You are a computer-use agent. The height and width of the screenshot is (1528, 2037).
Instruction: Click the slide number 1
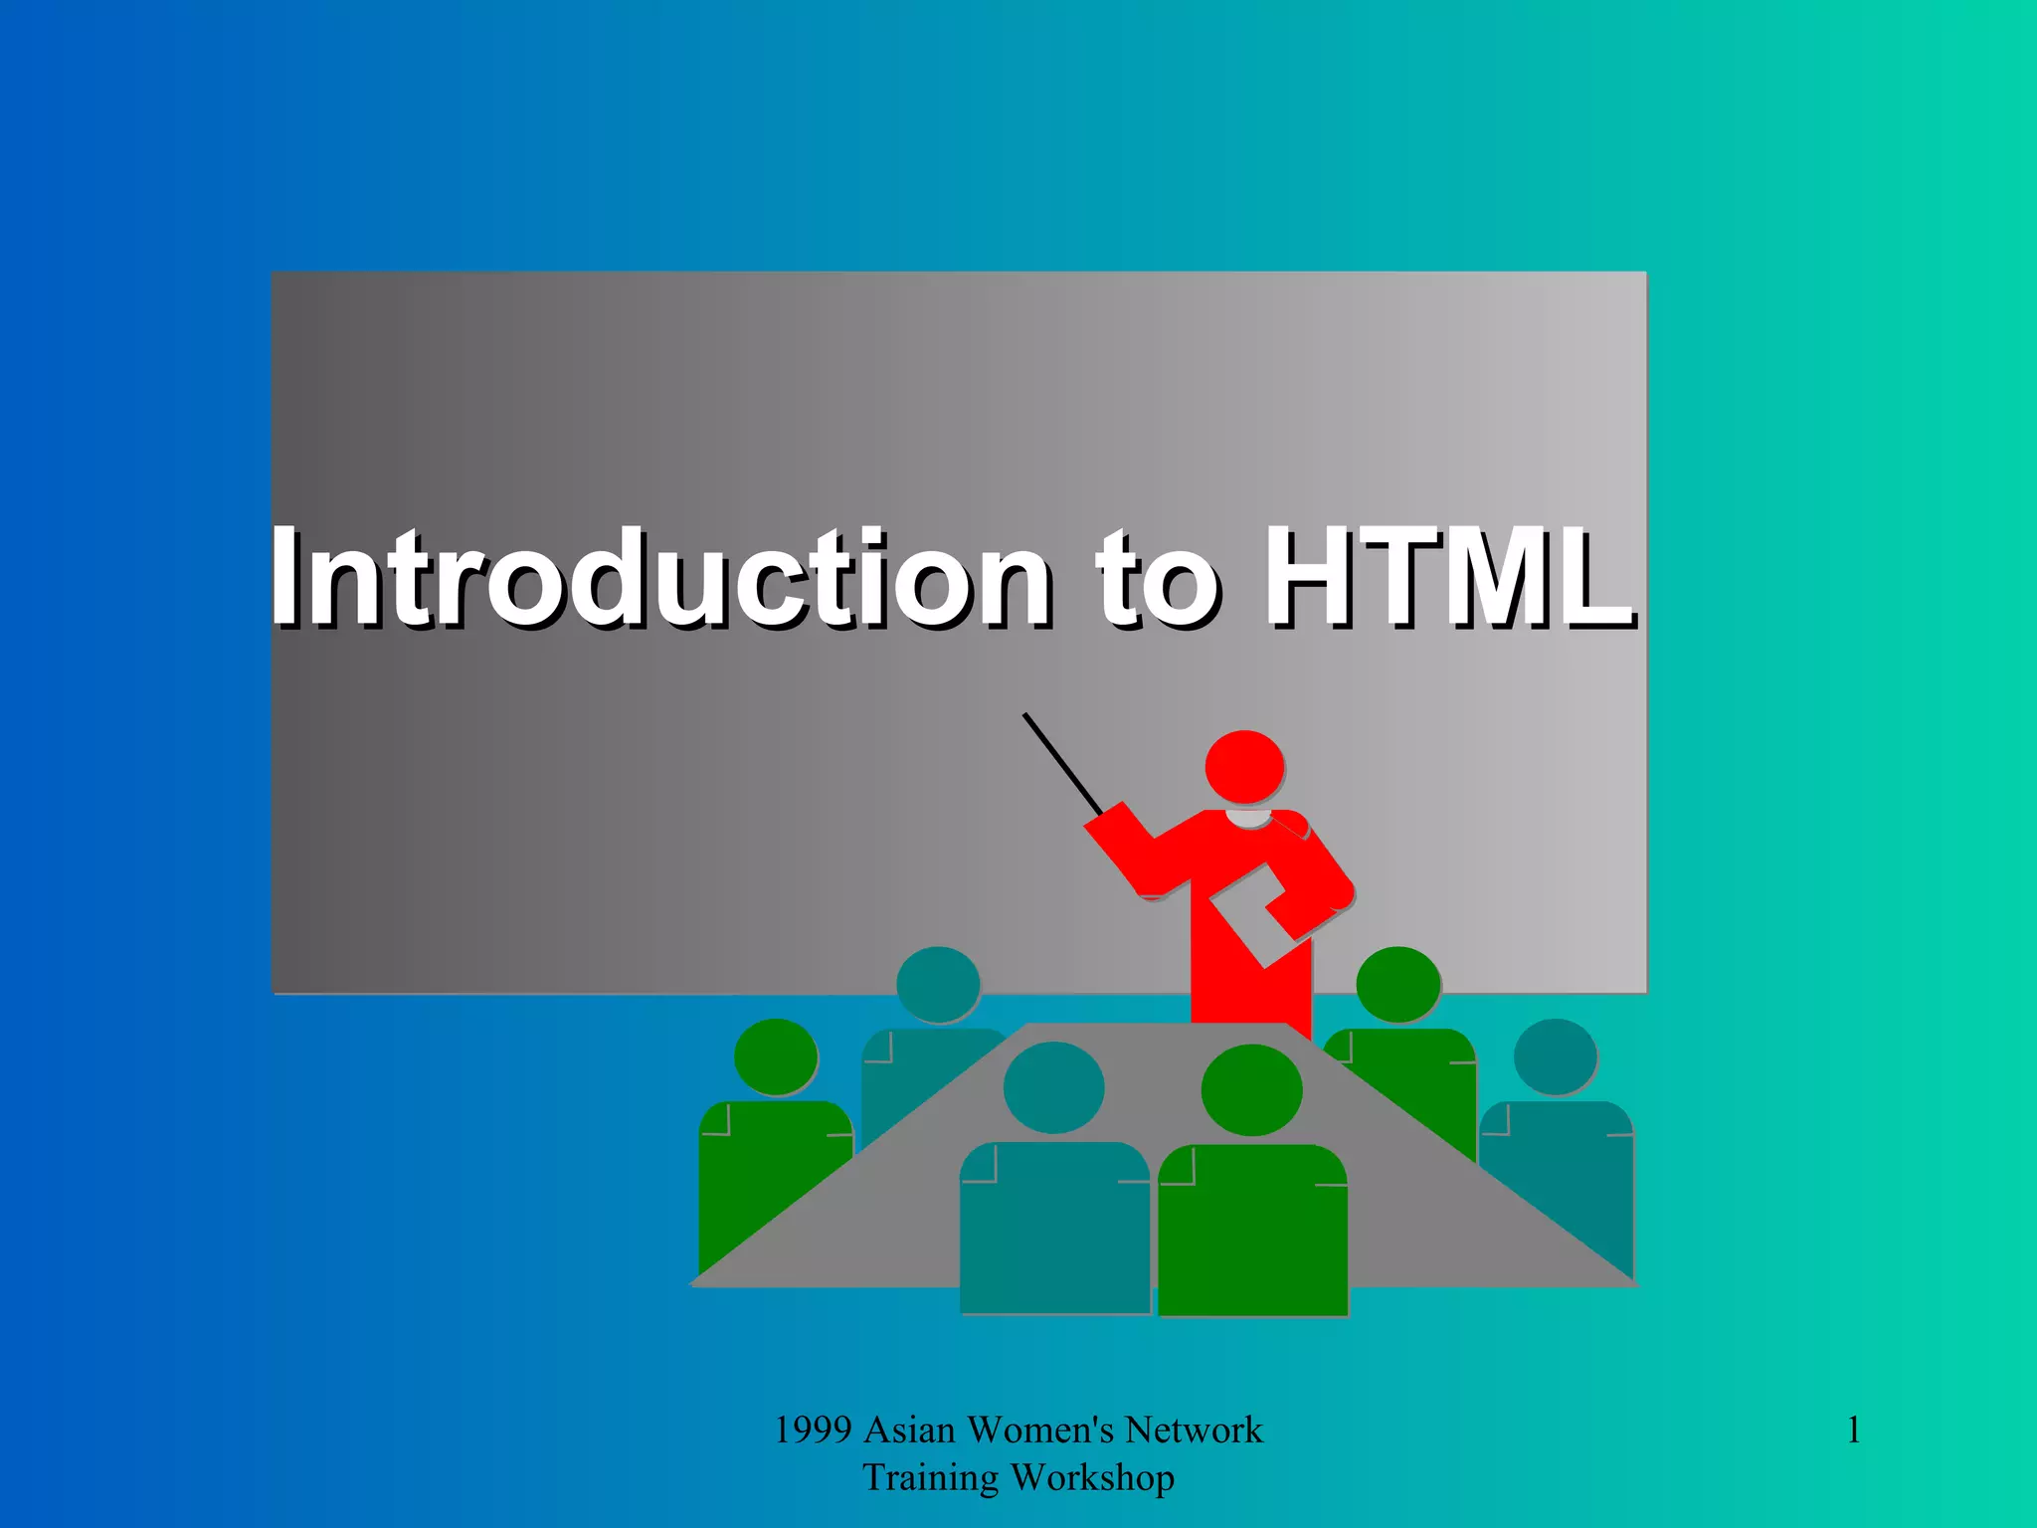click(x=1853, y=1431)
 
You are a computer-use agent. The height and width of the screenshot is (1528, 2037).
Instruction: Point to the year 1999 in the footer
click(x=813, y=1431)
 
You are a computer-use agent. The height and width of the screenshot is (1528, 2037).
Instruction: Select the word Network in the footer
click(x=1194, y=1431)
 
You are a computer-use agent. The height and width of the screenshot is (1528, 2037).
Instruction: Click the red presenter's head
click(x=1243, y=766)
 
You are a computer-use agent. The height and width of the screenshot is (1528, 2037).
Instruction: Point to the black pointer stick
click(x=1062, y=763)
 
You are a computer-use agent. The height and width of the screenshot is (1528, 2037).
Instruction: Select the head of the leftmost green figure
click(x=776, y=1056)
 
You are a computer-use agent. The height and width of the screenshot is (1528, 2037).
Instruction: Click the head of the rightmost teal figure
click(x=1555, y=1056)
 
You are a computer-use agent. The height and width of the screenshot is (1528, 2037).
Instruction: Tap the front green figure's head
click(x=1251, y=1090)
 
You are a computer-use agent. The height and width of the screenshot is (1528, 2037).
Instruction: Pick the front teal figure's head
click(x=1053, y=1087)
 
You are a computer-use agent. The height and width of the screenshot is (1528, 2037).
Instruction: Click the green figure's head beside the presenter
click(x=1397, y=984)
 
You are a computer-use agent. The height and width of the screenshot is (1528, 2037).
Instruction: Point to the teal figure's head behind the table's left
click(x=937, y=984)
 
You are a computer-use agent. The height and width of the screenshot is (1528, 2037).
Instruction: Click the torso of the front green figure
click(x=1252, y=1234)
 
